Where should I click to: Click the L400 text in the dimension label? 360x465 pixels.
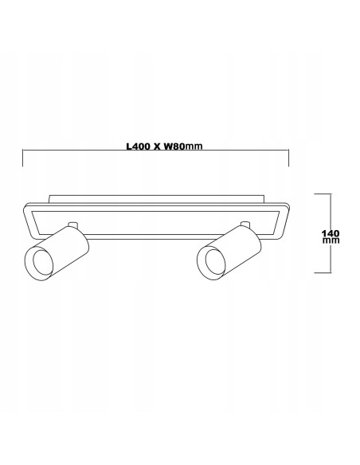(x=138, y=147)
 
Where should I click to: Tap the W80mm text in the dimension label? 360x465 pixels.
(x=183, y=147)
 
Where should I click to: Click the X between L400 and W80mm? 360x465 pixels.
(x=157, y=147)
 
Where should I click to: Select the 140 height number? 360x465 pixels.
(x=331, y=233)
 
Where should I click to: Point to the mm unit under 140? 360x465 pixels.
(x=331, y=240)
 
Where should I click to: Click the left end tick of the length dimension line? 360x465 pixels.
(x=23, y=158)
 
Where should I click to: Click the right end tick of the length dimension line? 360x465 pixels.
(x=288, y=158)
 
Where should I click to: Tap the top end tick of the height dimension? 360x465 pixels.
(x=323, y=193)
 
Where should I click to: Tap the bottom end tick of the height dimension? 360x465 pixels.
(x=323, y=272)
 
